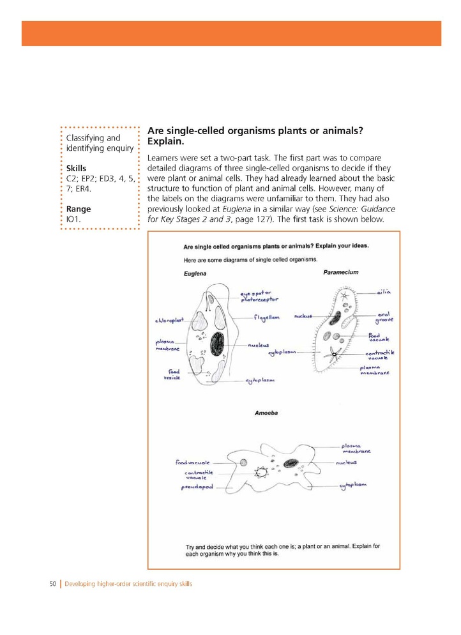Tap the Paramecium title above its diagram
pyautogui.click(x=340, y=272)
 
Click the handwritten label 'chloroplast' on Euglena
pyautogui.click(x=169, y=320)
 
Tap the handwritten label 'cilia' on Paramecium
pyautogui.click(x=383, y=292)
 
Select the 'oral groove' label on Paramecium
pyautogui.click(x=384, y=317)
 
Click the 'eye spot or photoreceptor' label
pyautogui.click(x=259, y=296)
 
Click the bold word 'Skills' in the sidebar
pyautogui.click(x=76, y=168)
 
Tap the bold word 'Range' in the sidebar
pyautogui.click(x=79, y=209)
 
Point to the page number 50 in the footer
pyautogui.click(x=54, y=584)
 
